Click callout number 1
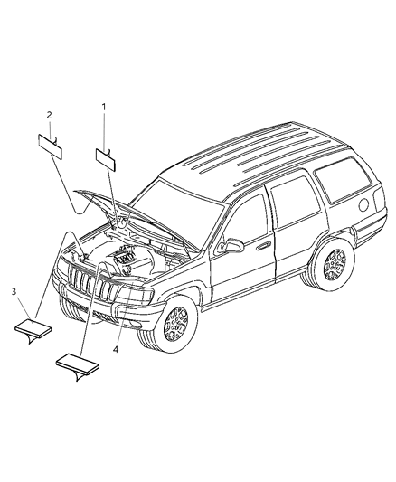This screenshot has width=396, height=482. click(x=103, y=107)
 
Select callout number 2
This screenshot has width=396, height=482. click(x=49, y=115)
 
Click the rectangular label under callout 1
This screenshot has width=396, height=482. click(x=108, y=158)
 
